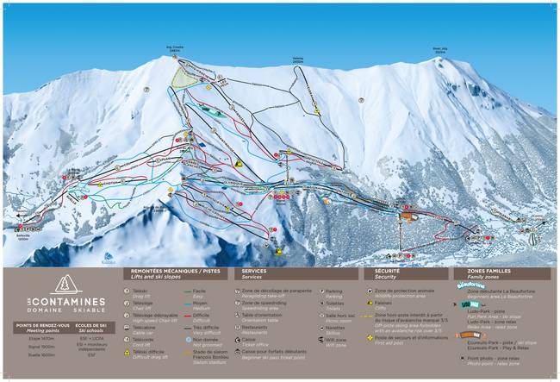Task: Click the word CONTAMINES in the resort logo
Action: coord(65,302)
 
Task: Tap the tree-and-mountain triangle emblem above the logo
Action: coord(65,283)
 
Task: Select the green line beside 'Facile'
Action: coord(188,292)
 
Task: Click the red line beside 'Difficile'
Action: coord(188,316)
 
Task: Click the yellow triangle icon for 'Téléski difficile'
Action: coord(136,354)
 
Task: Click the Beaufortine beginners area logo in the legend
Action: coord(473,284)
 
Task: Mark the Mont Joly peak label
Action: coord(440,50)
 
